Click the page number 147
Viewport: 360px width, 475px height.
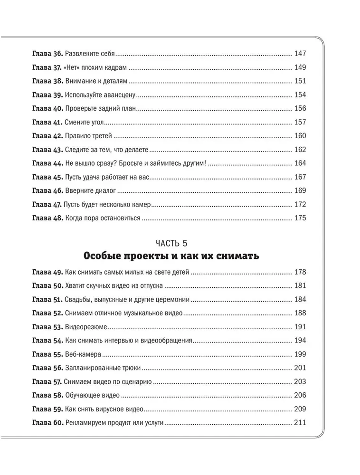click(x=301, y=53)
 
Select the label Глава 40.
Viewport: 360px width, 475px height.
click(x=47, y=108)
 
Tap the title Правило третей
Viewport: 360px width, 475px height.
click(x=88, y=136)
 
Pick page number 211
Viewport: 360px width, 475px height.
click(x=301, y=423)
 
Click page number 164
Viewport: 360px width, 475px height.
click(x=301, y=163)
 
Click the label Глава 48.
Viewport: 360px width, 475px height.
click(x=47, y=218)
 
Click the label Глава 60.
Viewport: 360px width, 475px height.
click(x=47, y=423)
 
